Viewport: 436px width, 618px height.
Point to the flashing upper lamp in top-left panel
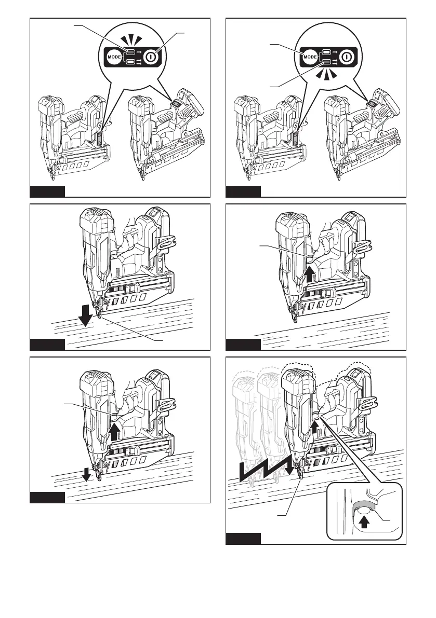(131, 52)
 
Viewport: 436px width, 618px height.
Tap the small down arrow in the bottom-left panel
(88, 473)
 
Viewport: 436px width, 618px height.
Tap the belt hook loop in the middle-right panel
(363, 243)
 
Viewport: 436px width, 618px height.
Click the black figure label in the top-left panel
(47, 191)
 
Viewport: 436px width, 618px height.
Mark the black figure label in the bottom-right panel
(243, 538)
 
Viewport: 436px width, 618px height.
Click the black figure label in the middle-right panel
(243, 345)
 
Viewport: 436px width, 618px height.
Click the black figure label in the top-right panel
(243, 191)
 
